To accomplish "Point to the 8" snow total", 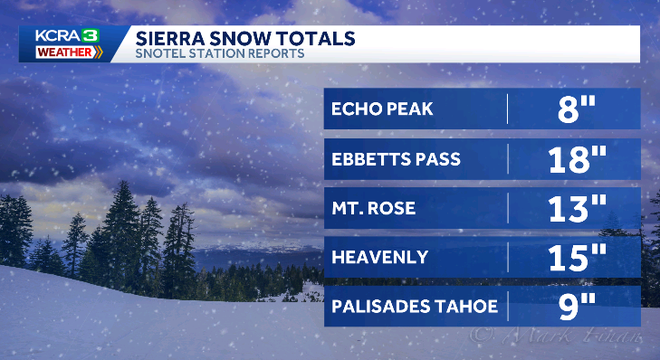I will (571, 109).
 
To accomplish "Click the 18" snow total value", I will (571, 158).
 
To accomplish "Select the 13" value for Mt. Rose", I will (571, 208).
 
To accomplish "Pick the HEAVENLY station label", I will (381, 257).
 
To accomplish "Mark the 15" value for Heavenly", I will (571, 257).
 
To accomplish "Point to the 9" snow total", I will (571, 306).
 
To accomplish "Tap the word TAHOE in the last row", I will (465, 306).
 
